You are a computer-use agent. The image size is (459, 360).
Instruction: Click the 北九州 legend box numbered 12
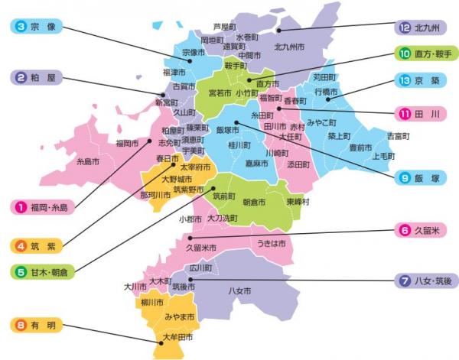(419, 28)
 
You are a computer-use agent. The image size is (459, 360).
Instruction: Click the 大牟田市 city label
(177, 337)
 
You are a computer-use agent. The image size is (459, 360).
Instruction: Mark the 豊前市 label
(360, 147)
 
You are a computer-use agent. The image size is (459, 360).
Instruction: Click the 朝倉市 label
(253, 202)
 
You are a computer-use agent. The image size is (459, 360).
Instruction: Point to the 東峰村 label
(297, 202)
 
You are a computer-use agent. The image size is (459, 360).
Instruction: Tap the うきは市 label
(272, 243)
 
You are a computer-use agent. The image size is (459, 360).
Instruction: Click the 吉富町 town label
(398, 135)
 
